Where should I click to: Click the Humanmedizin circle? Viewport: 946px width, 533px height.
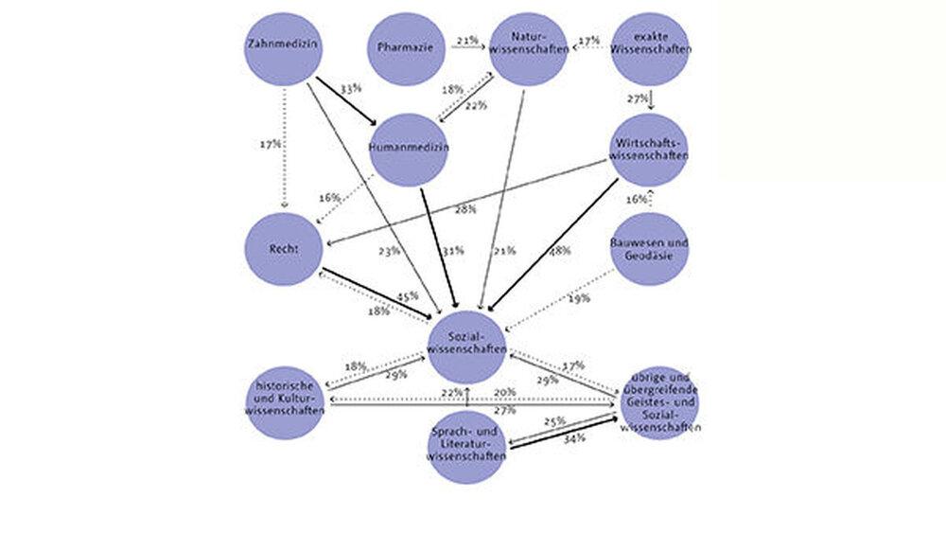[408, 149]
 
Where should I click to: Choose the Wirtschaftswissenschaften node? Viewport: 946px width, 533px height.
[649, 149]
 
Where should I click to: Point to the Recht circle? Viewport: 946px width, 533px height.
[283, 248]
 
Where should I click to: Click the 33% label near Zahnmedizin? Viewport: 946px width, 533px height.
[351, 88]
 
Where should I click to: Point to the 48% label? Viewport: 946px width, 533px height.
[560, 251]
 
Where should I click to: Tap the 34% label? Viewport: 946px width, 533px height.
[573, 439]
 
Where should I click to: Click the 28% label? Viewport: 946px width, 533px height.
[464, 207]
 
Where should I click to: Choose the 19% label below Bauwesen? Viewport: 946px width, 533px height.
[579, 298]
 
